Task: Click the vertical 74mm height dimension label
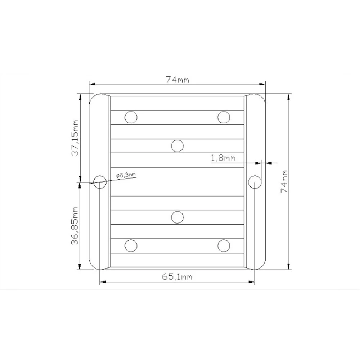pyautogui.click(x=284, y=182)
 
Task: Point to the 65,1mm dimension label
pyautogui.click(x=177, y=276)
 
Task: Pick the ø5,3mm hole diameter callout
pyautogui.click(x=126, y=175)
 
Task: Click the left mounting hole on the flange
pyautogui.click(x=100, y=182)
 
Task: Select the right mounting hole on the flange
pyautogui.click(x=255, y=182)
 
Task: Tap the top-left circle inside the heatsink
pyautogui.click(x=131, y=117)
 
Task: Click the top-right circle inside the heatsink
pyautogui.click(x=224, y=117)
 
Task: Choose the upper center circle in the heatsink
pyautogui.click(x=177, y=145)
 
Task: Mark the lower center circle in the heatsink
pyautogui.click(x=177, y=217)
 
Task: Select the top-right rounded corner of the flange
pyautogui.click(x=262, y=98)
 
